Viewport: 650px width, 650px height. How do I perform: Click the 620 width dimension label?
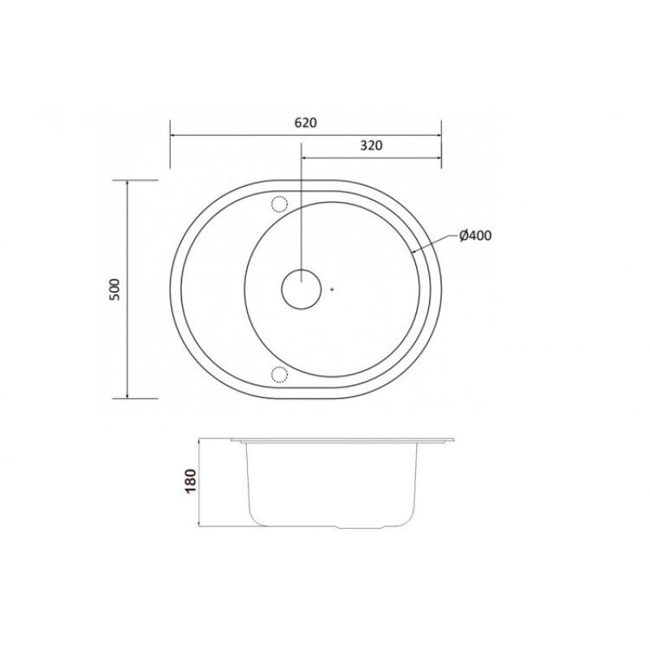(305, 123)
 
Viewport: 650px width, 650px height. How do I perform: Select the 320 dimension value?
(371, 145)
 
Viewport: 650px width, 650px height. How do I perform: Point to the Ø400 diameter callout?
(475, 236)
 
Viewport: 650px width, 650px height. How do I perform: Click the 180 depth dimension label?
(190, 481)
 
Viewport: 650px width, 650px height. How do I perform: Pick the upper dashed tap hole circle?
(279, 204)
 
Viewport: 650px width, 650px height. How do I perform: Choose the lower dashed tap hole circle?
(279, 374)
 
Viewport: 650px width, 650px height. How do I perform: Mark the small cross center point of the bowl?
(331, 289)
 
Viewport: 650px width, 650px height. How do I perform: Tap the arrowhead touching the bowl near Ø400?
(414, 250)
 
